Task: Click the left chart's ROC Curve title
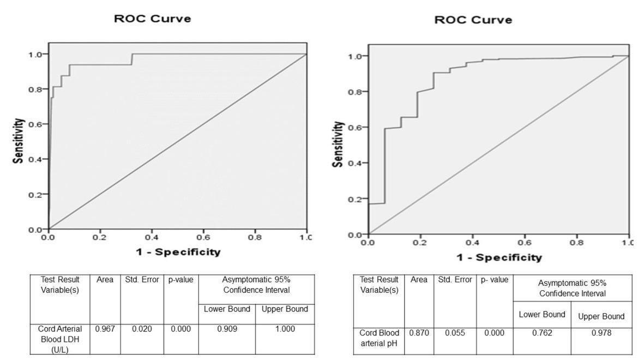tap(152, 19)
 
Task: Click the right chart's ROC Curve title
tap(473, 20)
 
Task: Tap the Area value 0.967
tap(104, 329)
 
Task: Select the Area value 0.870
tap(419, 333)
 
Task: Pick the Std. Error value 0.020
tap(142, 329)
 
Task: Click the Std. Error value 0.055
tap(455, 333)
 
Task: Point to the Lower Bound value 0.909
tap(227, 329)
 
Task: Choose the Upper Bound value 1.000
tap(285, 329)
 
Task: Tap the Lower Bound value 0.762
tap(541, 333)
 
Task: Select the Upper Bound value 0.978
tap(601, 333)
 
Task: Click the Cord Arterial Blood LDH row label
tap(60, 338)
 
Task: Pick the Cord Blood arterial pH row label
tap(379, 338)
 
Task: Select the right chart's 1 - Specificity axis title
tap(499, 257)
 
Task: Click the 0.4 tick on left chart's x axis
tap(152, 238)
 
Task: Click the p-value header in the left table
tap(180, 280)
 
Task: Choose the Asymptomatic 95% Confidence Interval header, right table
tap(572, 288)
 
